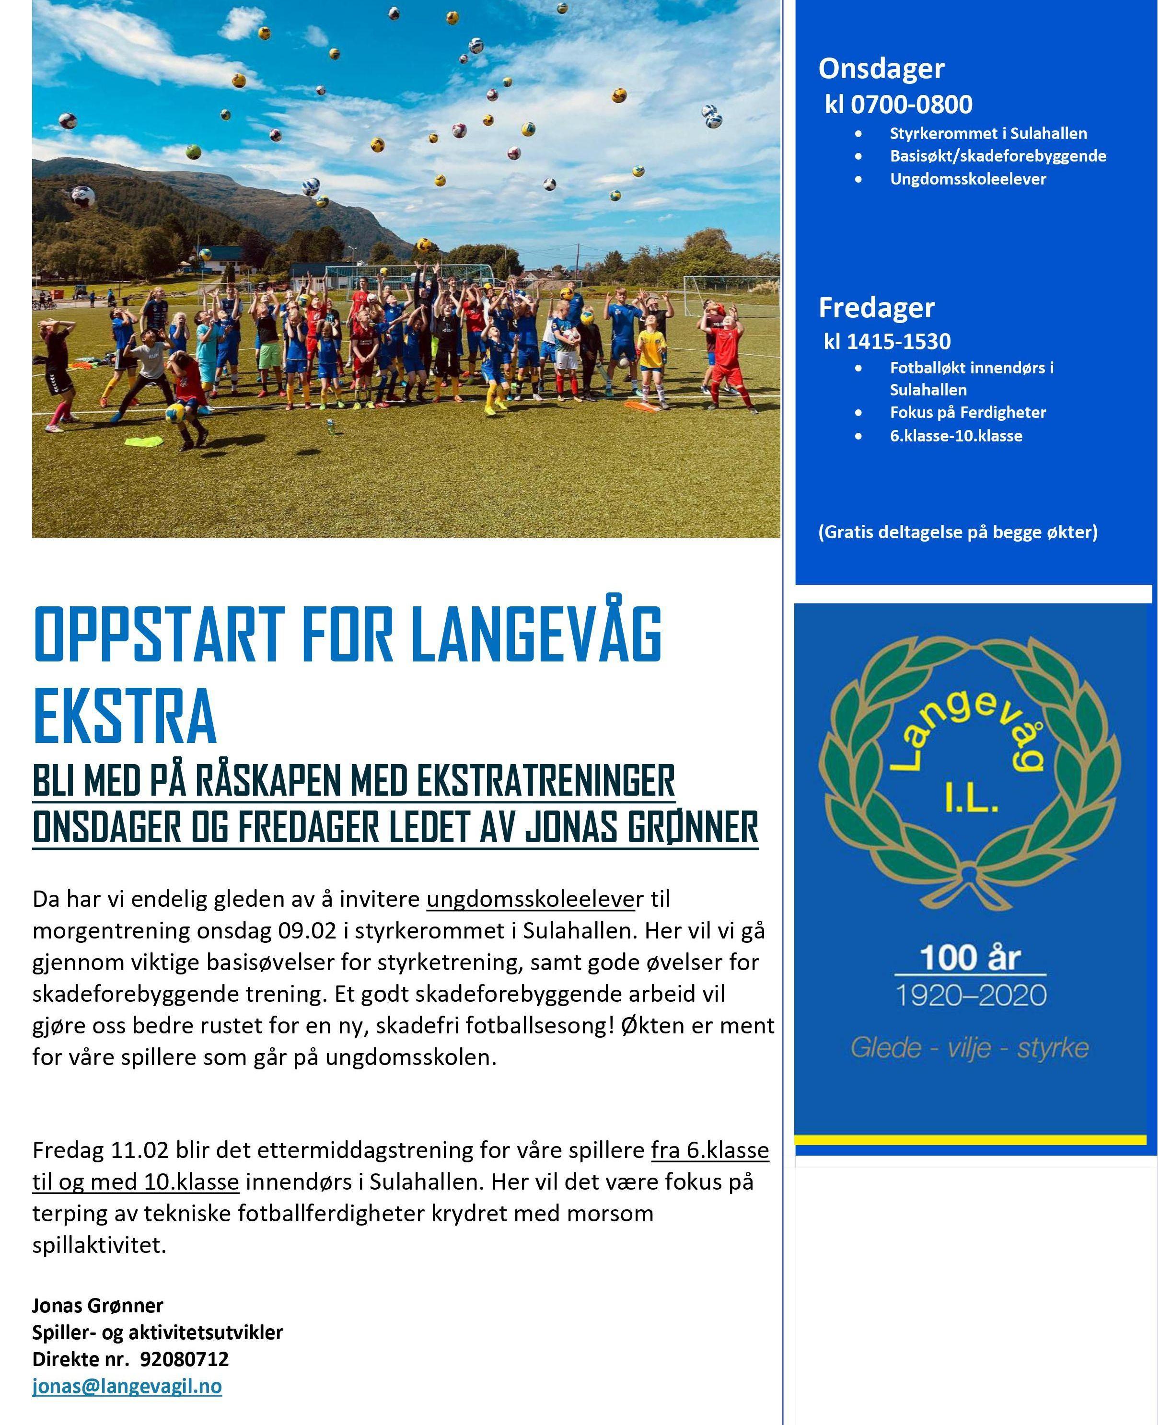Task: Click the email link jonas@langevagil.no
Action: (x=127, y=1386)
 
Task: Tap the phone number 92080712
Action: (x=185, y=1359)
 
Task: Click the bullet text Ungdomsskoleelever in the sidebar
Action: (x=968, y=179)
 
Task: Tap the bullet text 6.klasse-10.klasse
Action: (x=955, y=436)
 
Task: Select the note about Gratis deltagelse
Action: (x=958, y=533)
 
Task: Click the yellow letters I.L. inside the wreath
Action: (x=971, y=799)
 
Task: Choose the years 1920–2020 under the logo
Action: (x=970, y=996)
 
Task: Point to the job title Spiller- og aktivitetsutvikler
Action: (x=158, y=1333)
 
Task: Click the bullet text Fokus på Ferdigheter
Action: (x=968, y=413)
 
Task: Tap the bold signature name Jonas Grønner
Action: (x=98, y=1306)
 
